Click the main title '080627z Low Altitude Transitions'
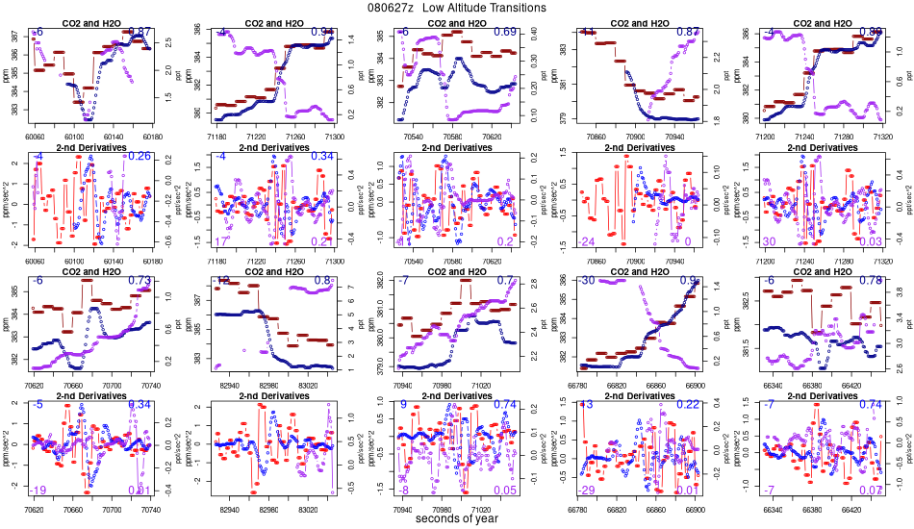click(x=457, y=8)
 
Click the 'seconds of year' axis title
click(x=457, y=518)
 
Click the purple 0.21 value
click(x=323, y=241)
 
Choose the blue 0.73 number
click(x=140, y=281)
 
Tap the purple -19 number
click(x=38, y=491)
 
